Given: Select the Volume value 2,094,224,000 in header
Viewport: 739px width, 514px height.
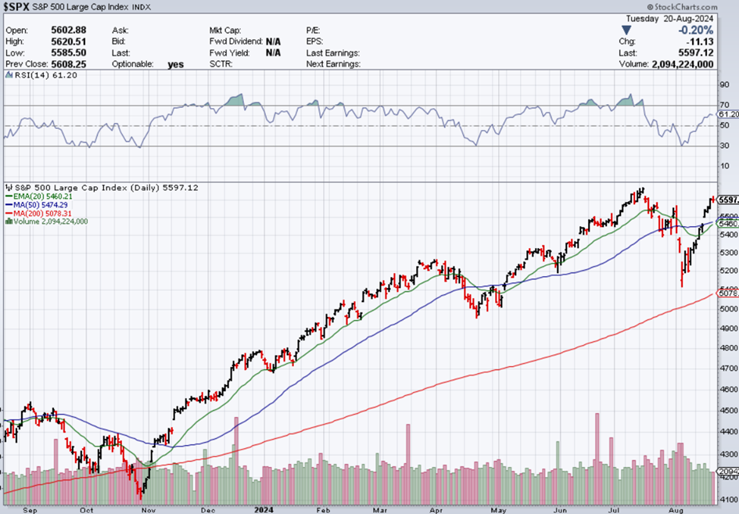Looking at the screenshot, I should (683, 63).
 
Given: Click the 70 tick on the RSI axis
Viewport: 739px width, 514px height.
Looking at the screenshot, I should (725, 105).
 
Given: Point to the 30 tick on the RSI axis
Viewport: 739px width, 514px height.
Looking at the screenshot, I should (725, 146).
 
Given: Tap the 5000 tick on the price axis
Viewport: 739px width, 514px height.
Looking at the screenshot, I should (727, 309).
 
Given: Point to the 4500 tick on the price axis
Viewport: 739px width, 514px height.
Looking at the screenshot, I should (727, 411).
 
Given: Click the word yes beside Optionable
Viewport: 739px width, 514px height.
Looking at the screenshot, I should (176, 63).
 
